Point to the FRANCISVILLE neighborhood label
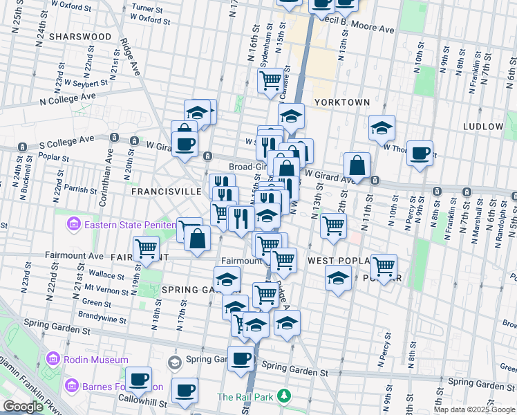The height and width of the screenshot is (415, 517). [x=166, y=190]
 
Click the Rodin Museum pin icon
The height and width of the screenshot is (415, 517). [x=53, y=359]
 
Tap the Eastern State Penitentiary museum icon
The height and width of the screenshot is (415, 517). [x=73, y=224]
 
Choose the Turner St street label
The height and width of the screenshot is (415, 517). [x=147, y=9]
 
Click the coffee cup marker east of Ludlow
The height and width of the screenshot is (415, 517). [x=420, y=153]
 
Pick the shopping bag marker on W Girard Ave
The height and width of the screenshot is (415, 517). [x=357, y=165]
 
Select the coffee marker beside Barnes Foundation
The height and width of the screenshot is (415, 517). [x=139, y=379]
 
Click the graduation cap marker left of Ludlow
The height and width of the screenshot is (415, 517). [x=381, y=127]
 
